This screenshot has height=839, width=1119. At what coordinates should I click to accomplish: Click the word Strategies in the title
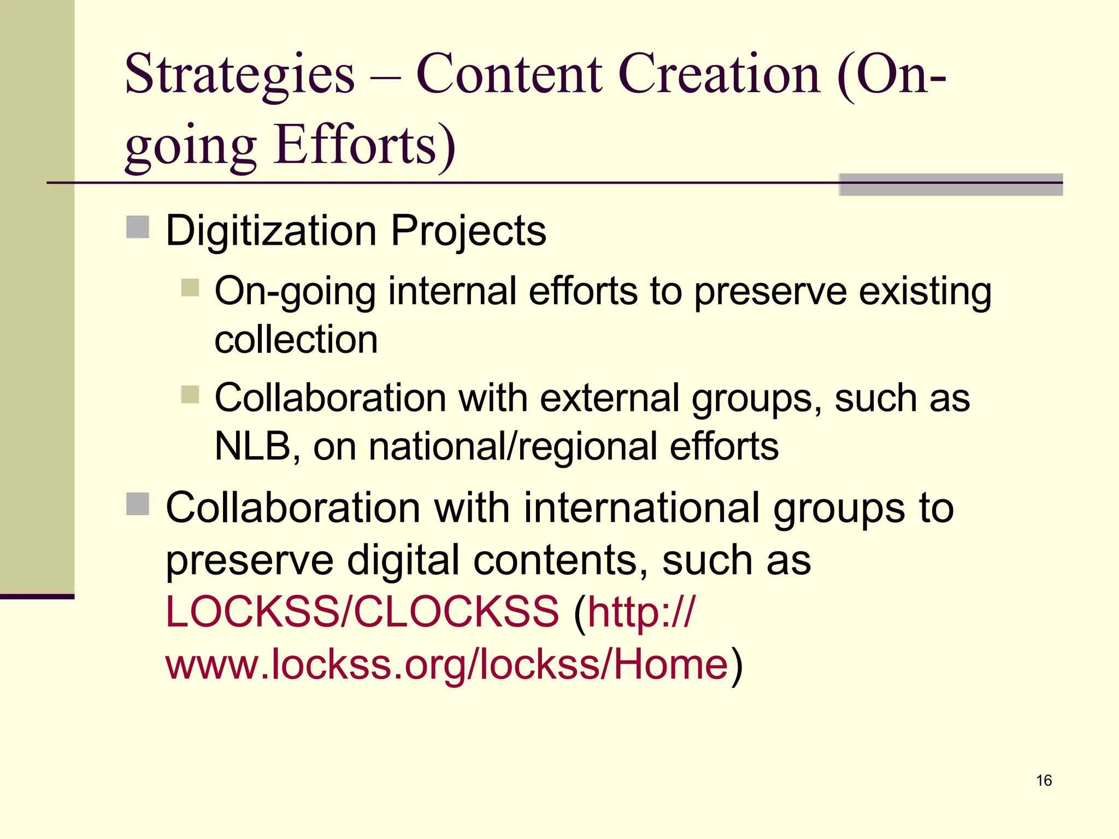[239, 75]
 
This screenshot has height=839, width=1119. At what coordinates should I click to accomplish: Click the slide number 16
[1044, 781]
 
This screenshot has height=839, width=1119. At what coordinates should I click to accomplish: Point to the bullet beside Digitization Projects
[138, 227]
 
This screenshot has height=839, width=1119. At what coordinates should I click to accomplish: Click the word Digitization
[271, 231]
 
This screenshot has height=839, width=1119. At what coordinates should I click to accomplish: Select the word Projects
[468, 231]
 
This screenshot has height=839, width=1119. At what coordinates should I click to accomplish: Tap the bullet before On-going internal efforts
[190, 287]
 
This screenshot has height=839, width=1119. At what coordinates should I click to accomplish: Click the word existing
[924, 291]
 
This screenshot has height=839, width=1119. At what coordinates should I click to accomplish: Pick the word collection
[296, 340]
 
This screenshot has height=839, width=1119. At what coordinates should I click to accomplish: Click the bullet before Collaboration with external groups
[190, 394]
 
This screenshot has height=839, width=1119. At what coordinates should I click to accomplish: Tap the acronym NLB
[252, 446]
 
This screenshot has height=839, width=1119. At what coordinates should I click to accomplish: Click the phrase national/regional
[513, 446]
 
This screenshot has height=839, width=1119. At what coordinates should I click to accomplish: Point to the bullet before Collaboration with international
[138, 504]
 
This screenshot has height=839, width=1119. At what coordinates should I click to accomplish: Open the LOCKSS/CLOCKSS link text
[362, 612]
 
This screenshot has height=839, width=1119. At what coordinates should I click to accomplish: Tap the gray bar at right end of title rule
[950, 185]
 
